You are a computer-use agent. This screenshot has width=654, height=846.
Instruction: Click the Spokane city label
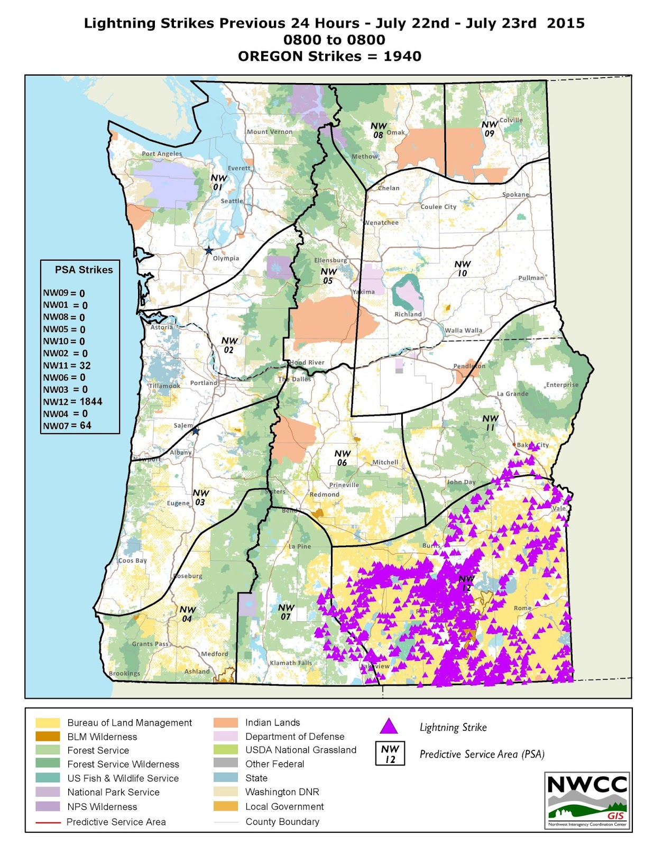click(515, 195)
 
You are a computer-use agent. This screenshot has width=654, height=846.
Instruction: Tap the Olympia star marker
click(209, 250)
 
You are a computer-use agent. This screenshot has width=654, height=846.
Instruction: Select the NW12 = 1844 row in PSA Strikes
click(72, 402)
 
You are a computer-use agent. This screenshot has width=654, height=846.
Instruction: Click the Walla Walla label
click(464, 330)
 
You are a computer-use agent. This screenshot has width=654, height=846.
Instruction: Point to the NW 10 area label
click(462, 268)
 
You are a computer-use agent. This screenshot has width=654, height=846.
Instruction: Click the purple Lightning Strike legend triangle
click(389, 727)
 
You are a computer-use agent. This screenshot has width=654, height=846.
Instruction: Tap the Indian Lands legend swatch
click(225, 723)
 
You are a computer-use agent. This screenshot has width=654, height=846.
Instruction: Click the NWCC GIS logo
click(587, 801)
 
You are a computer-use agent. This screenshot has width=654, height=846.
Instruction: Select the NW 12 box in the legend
click(390, 754)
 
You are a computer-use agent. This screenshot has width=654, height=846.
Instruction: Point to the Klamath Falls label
click(291, 663)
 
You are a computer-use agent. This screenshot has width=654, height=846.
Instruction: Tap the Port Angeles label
click(162, 154)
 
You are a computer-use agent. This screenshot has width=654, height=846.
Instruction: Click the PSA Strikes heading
click(84, 270)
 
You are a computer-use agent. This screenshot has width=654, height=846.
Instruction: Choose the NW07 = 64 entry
click(67, 426)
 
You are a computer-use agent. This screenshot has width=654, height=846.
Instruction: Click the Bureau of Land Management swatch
click(47, 723)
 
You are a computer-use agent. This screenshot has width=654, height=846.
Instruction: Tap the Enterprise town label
click(562, 385)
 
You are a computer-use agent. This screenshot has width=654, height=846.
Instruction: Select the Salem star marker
click(195, 431)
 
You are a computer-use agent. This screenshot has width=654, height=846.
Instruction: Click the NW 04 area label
click(187, 614)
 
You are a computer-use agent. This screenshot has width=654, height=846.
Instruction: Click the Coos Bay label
click(133, 560)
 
